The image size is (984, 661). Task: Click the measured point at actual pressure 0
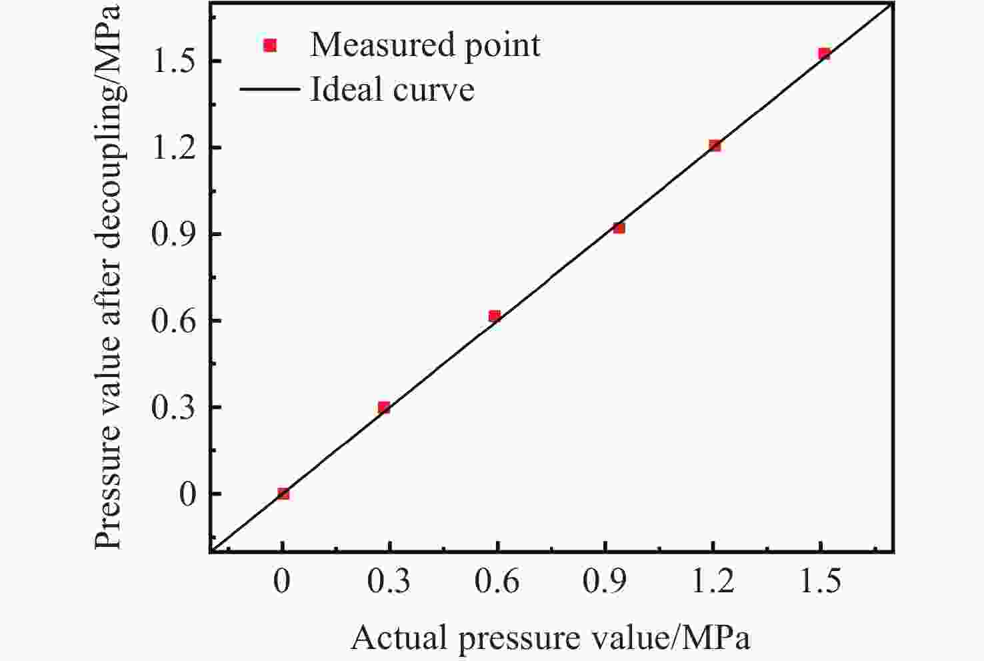coord(283,494)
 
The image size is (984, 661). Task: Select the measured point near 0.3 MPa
coord(383,408)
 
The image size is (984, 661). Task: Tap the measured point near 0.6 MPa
coord(494,316)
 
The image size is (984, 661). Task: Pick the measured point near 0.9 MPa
coord(619,228)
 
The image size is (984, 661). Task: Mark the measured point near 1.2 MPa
coord(715,145)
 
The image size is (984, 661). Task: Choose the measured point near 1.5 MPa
coord(824,54)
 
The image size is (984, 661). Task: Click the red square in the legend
coord(270,45)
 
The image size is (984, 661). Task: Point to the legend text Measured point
coord(425,45)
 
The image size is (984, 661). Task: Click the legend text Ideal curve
coord(392,89)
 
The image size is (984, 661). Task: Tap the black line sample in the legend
coord(269,89)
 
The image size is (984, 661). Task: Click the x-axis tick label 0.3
coord(389,582)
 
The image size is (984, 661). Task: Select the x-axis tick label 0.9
coord(604,582)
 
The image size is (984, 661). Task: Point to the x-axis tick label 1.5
coord(820,582)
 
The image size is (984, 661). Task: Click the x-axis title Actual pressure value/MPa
coord(550,638)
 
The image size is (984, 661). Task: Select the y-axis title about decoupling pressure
coord(108,277)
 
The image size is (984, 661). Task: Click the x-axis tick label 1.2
coord(712,582)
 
